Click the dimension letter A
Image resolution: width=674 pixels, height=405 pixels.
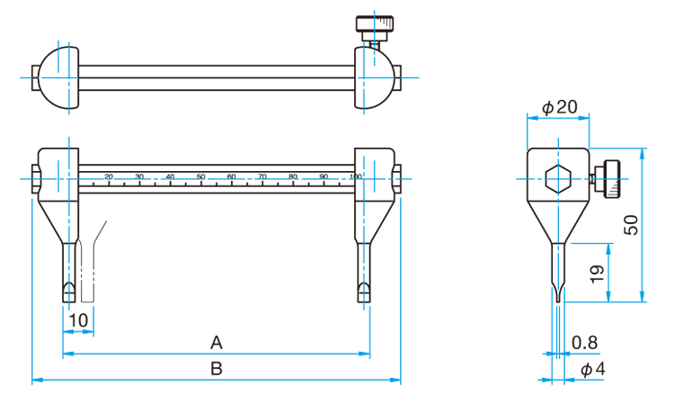[x=216, y=342]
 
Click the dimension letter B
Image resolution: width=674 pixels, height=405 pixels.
[x=216, y=368]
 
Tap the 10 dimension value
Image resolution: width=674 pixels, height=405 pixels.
[x=78, y=319]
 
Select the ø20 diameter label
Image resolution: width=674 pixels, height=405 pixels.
[x=559, y=107]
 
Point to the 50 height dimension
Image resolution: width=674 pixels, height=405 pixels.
[x=632, y=225]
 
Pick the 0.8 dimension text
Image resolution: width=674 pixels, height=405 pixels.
[x=585, y=342]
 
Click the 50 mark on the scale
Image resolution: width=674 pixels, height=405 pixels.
[x=200, y=176]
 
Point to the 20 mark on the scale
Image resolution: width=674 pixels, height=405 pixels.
[x=109, y=176]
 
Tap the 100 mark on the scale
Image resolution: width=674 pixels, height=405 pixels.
[x=355, y=176]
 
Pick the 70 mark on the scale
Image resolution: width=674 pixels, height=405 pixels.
[x=262, y=176]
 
